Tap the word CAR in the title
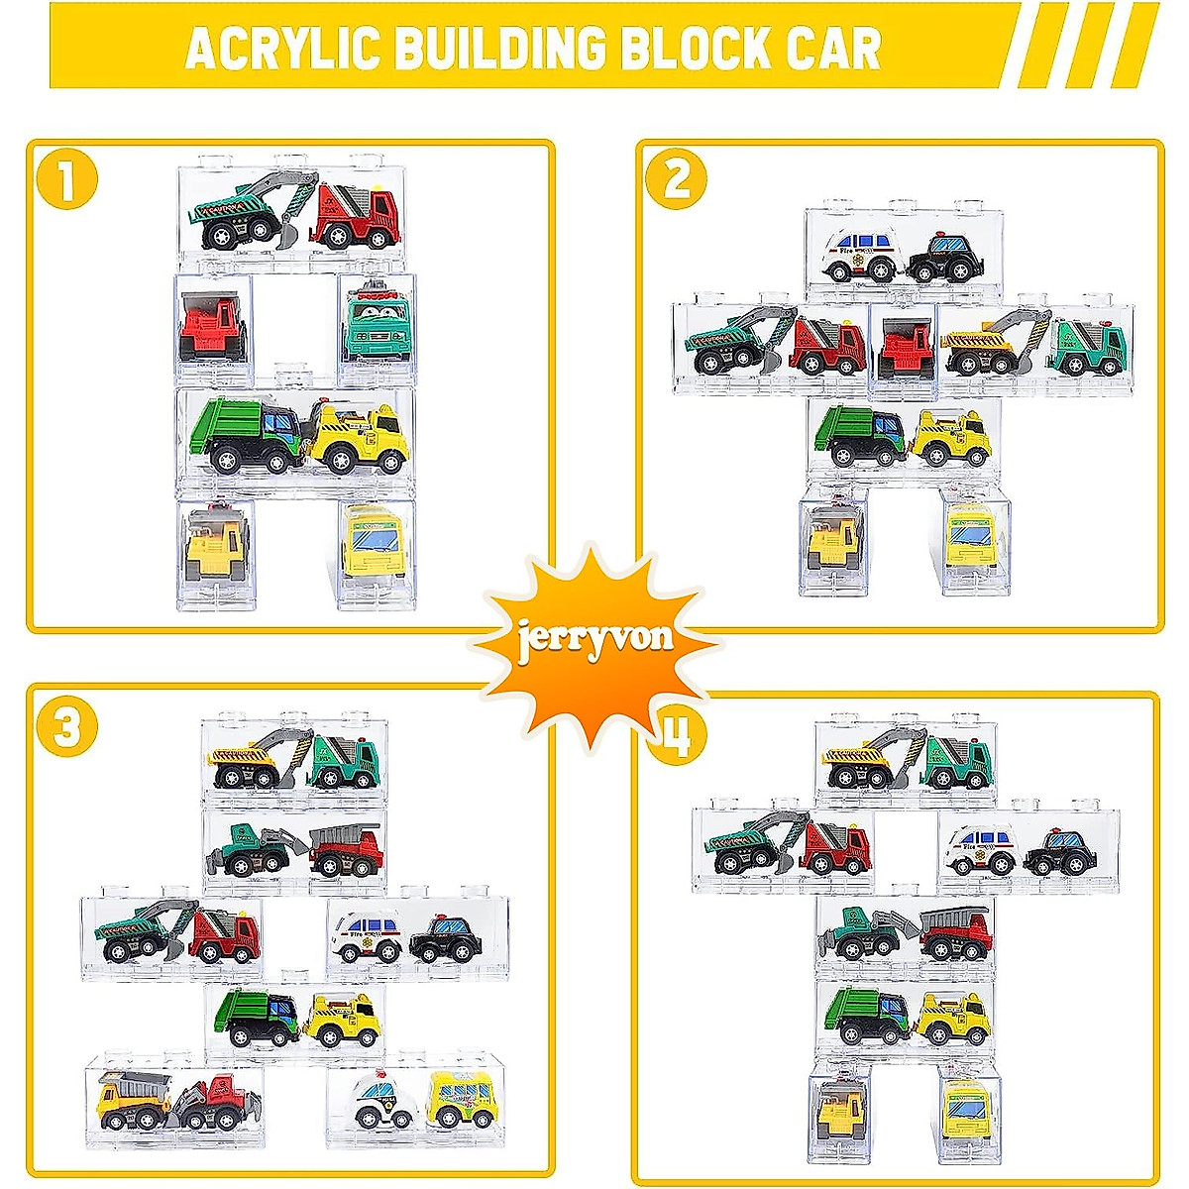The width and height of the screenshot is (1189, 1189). tap(832, 48)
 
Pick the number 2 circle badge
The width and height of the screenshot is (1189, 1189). tap(677, 179)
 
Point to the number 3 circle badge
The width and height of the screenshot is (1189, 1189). tap(66, 728)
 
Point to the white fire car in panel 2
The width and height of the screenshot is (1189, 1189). tap(862, 255)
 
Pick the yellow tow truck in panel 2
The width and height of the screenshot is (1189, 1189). tap(951, 438)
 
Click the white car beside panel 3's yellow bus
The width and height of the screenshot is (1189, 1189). tap(385, 1102)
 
